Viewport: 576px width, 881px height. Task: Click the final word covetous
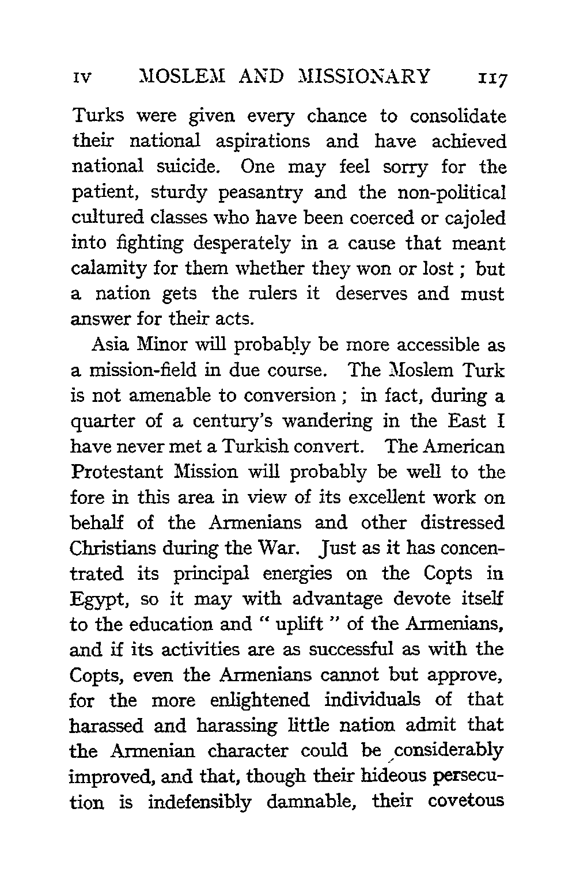(x=465, y=802)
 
